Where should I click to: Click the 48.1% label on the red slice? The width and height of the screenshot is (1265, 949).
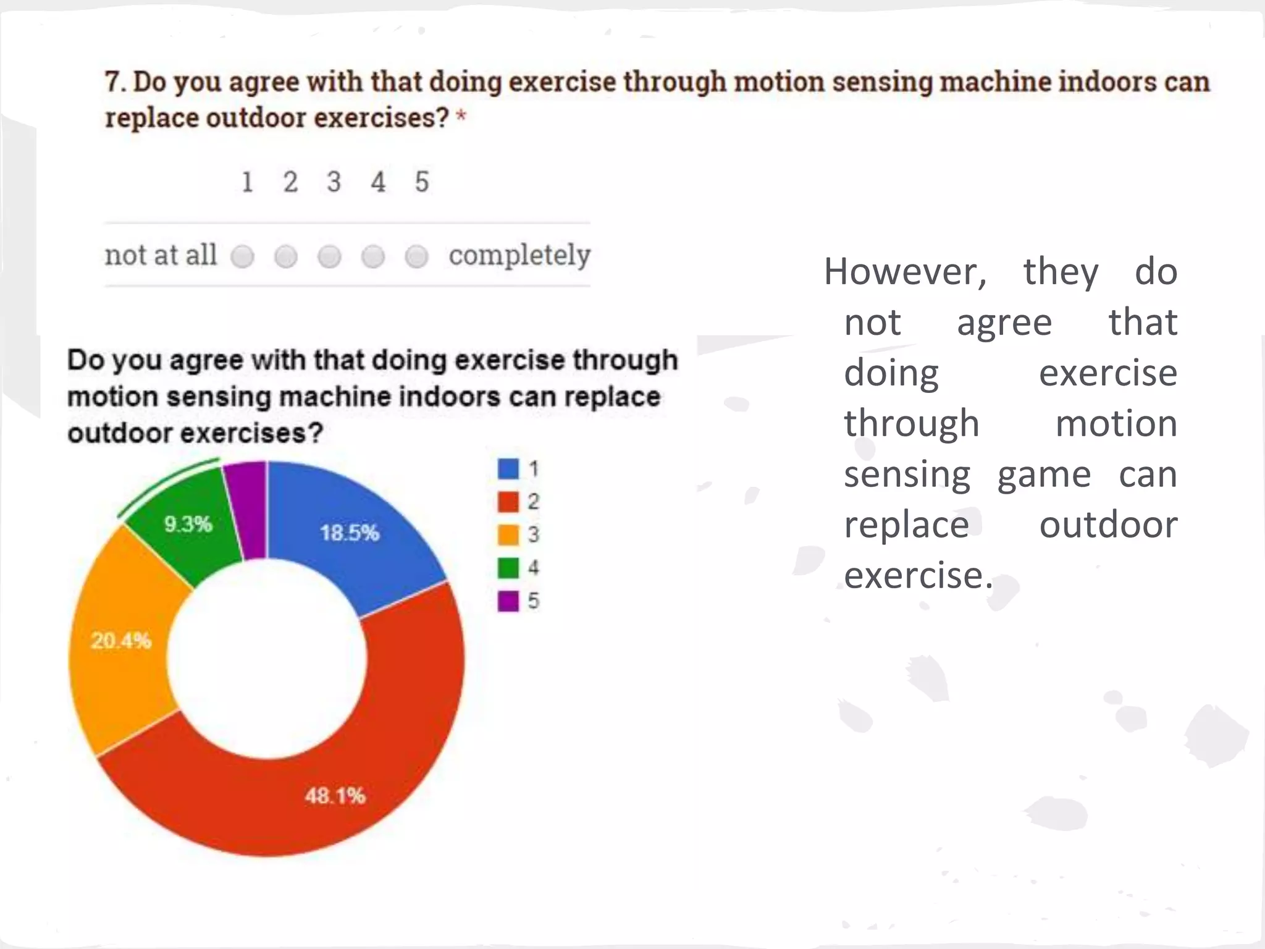335,795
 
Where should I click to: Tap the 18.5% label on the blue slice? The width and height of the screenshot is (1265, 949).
349,533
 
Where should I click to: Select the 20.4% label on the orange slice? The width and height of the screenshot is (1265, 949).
121,640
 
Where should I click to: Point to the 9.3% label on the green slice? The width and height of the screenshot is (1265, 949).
188,524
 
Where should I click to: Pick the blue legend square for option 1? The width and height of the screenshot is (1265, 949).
508,469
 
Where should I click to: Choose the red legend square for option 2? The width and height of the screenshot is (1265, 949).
508,502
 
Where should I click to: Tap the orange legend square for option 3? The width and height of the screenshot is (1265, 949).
508,535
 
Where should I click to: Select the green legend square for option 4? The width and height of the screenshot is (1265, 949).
508,568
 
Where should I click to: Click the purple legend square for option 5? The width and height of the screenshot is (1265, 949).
508,601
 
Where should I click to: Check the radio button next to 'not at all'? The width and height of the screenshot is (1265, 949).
242,256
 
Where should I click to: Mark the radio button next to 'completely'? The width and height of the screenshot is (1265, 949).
417,256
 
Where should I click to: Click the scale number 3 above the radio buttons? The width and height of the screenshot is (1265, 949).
334,182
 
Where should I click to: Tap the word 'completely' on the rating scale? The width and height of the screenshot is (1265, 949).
519,255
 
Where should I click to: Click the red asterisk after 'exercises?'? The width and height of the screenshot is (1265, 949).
461,116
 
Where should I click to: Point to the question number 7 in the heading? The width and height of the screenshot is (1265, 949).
112,82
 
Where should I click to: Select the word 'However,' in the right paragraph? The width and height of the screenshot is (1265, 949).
906,272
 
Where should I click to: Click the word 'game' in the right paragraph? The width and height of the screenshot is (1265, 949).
1044,476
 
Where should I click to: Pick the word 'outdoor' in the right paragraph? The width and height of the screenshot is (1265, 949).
1108,525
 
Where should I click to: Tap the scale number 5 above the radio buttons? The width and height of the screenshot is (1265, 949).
421,182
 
